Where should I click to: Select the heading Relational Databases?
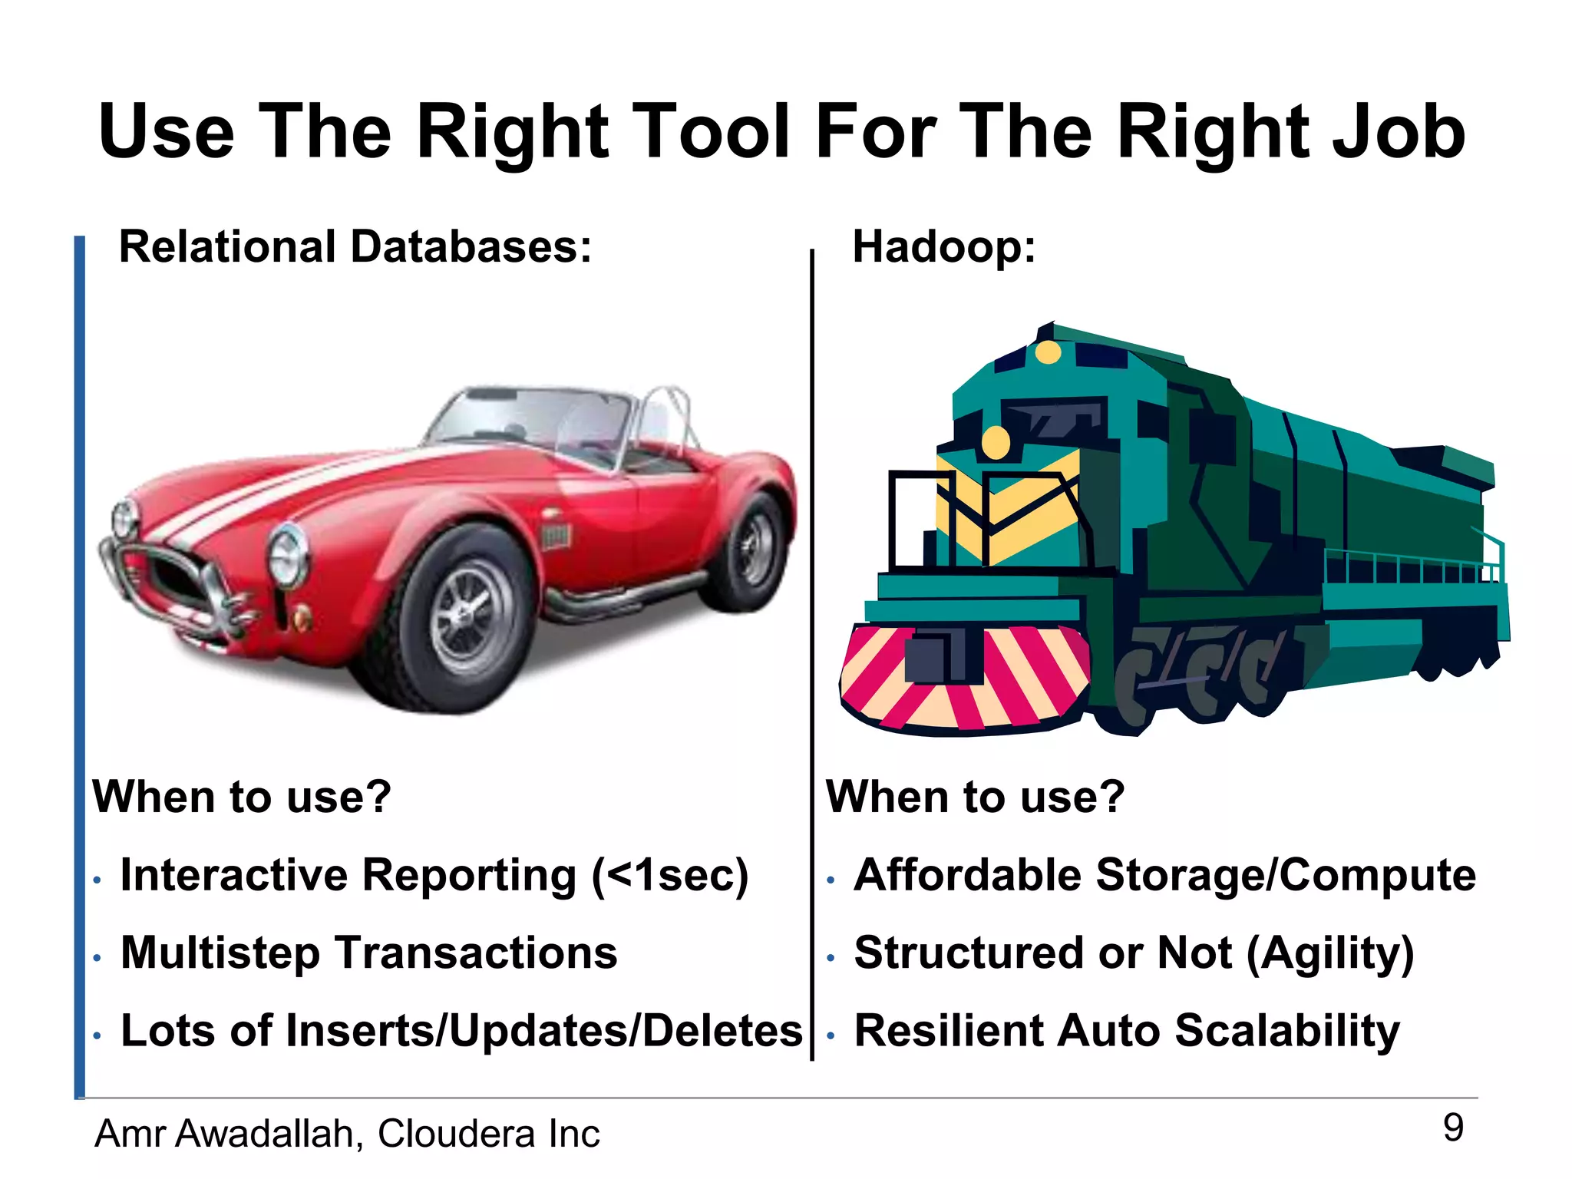click(355, 247)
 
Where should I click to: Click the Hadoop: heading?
click(944, 247)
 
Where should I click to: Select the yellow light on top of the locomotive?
click(1049, 352)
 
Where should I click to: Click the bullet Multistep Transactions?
click(368, 953)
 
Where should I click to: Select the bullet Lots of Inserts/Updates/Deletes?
click(461, 1030)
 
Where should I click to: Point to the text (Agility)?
click(1329, 953)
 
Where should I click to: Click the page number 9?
click(1453, 1128)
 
